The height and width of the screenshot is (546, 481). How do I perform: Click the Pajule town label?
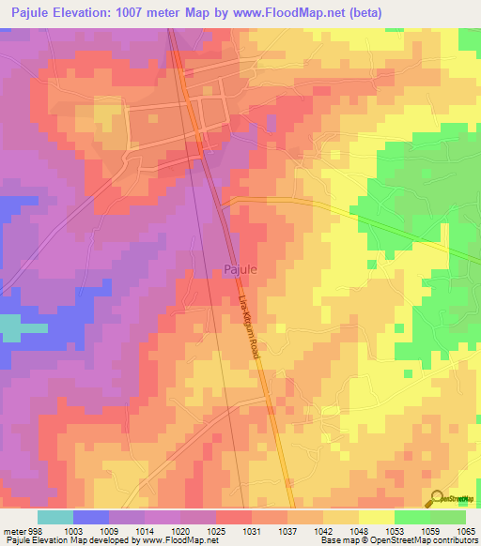240,269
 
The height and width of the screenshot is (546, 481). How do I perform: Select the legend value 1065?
466,530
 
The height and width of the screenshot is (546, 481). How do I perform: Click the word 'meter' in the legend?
14,530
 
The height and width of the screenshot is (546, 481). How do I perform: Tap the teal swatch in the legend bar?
55,517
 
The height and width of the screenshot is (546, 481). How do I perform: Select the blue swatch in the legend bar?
91,517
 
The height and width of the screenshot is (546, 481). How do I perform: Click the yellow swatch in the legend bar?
376,517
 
